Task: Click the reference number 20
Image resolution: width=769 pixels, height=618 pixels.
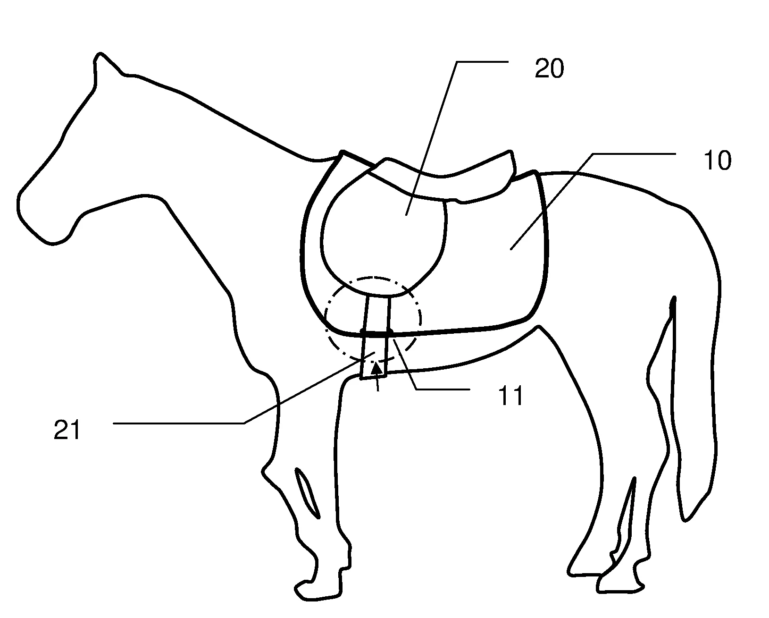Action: (x=549, y=68)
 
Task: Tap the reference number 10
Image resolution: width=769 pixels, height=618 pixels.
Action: (x=717, y=161)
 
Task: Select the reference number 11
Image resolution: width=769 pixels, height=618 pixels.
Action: (x=510, y=396)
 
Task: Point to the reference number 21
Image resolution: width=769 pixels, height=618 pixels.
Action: (x=67, y=430)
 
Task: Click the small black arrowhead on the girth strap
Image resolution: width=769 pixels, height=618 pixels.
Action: (x=376, y=368)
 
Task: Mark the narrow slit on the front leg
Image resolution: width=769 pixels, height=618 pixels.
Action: (x=307, y=493)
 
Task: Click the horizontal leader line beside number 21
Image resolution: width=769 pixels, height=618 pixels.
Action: (x=179, y=423)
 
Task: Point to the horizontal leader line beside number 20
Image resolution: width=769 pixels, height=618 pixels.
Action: (x=483, y=62)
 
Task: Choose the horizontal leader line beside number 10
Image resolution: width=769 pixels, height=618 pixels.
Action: (x=634, y=154)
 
